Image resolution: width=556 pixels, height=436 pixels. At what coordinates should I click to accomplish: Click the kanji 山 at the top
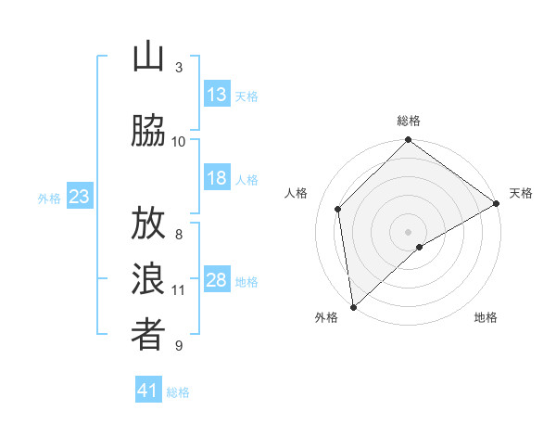[148, 58]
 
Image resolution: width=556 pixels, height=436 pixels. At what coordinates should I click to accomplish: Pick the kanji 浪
[148, 281]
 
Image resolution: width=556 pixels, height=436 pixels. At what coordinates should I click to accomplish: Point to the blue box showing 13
[217, 95]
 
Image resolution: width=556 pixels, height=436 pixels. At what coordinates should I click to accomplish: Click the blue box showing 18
[217, 178]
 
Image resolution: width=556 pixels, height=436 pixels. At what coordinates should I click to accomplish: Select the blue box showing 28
[217, 280]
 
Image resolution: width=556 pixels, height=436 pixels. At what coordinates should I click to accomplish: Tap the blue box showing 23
[79, 197]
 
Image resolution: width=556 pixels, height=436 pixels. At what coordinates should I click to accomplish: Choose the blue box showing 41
[148, 391]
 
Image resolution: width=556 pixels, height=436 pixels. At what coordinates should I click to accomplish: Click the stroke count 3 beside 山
[179, 68]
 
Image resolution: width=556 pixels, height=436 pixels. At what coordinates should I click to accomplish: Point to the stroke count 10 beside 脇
[179, 141]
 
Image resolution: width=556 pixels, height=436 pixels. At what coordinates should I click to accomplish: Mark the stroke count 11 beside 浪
[179, 290]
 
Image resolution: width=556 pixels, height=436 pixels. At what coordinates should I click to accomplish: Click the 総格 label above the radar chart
[409, 121]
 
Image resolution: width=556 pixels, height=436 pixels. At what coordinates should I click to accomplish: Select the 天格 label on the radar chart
[521, 193]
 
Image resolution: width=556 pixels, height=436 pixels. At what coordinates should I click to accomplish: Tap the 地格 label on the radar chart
[486, 317]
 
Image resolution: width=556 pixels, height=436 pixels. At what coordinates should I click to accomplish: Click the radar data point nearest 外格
[353, 306]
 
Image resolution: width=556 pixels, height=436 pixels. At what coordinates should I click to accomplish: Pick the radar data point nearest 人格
[338, 209]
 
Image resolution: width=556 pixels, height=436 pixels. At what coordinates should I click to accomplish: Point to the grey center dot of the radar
[409, 230]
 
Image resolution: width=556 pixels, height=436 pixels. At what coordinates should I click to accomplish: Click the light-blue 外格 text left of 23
[49, 198]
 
